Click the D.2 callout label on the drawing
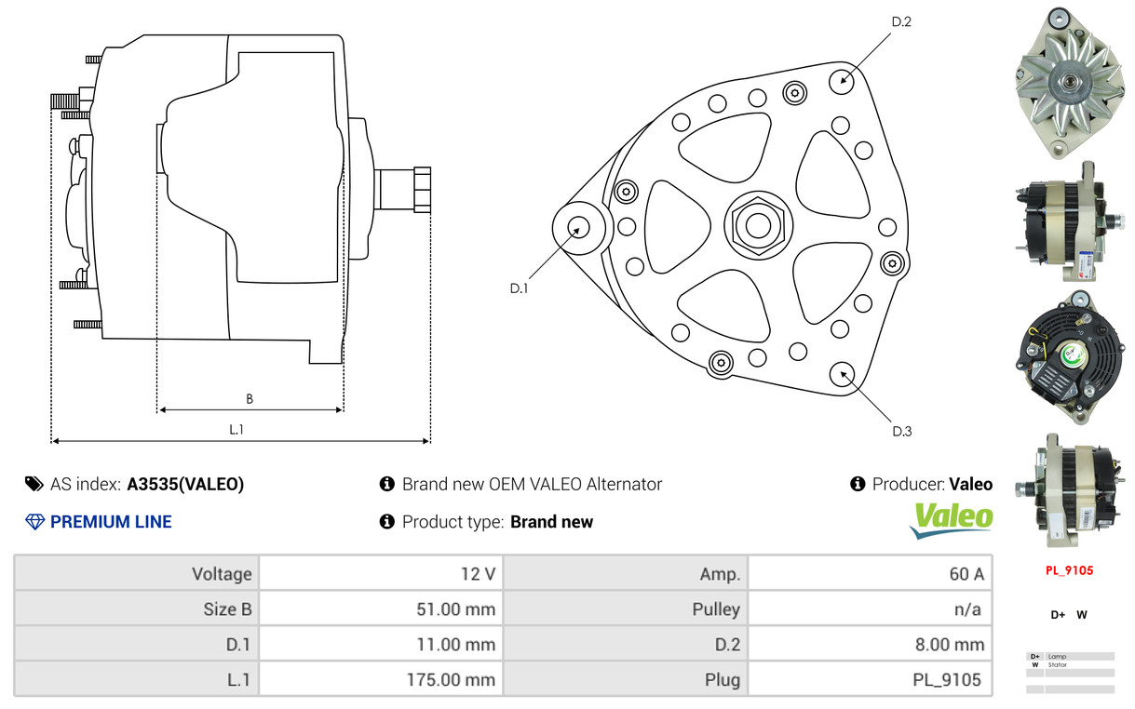coord(901,21)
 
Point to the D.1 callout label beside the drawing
coord(519,288)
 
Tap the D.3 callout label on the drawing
coord(902,431)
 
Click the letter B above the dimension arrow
coord(250,399)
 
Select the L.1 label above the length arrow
coord(236,430)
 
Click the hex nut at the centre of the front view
coord(758,225)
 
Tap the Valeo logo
coord(951,521)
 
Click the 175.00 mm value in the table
coord(451,679)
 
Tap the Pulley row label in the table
coord(716,609)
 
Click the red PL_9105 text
coord(1069,570)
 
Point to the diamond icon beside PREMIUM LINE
coord(35,522)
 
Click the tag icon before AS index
coord(34,484)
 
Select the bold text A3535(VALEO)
coord(185,484)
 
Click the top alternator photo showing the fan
coord(1069,83)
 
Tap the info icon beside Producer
coord(858,484)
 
